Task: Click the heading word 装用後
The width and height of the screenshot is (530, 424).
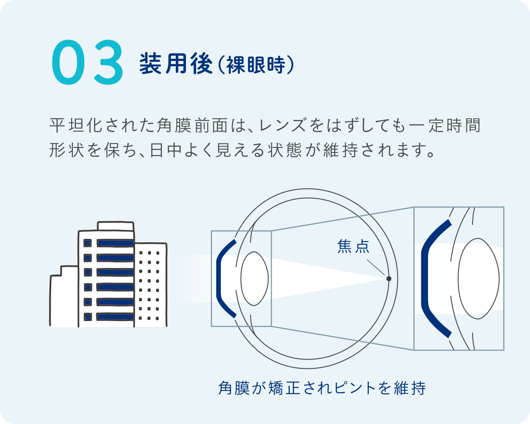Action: (176, 64)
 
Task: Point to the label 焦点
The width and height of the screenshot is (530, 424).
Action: (353, 246)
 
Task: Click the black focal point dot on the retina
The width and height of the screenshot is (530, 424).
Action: (389, 278)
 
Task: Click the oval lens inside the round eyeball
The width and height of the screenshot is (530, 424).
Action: (254, 278)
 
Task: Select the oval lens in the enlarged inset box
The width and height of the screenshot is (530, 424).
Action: (479, 278)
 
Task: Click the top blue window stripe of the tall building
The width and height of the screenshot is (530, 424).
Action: (115, 243)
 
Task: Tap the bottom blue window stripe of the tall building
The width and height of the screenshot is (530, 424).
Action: (115, 317)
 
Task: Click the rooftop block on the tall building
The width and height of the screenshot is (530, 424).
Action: (115, 226)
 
